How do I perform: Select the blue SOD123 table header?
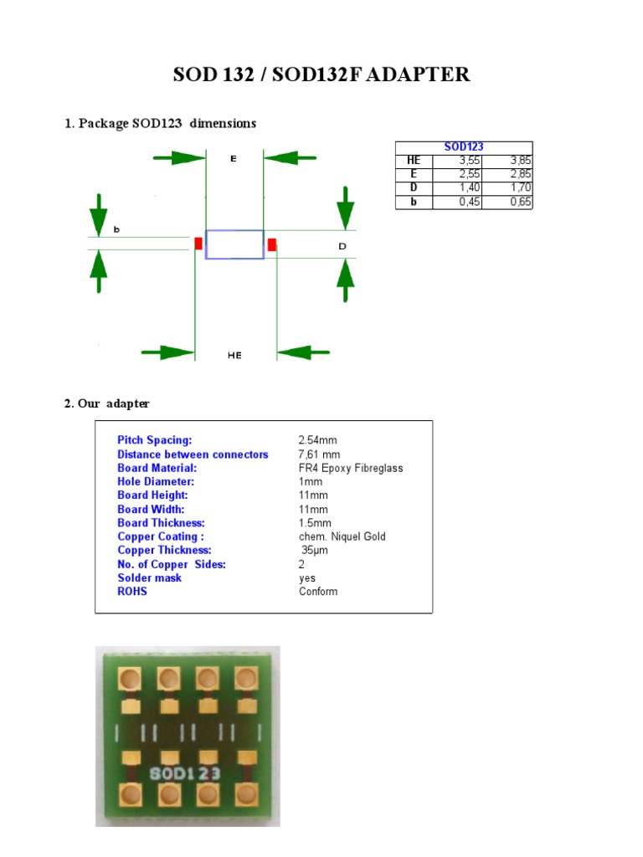click(x=464, y=147)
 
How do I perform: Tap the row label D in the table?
click(x=413, y=188)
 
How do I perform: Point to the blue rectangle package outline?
click(x=234, y=244)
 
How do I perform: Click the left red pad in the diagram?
click(x=198, y=244)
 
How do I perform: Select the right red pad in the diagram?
click(x=272, y=244)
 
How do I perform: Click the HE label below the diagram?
click(x=234, y=356)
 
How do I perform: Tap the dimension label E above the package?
click(x=234, y=158)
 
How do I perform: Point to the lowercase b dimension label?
click(x=116, y=229)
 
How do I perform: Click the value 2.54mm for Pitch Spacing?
click(x=318, y=440)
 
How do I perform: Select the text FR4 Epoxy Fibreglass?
click(x=351, y=468)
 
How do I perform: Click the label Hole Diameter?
click(x=156, y=482)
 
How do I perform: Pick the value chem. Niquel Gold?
click(x=342, y=536)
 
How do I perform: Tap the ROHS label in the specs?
click(x=132, y=592)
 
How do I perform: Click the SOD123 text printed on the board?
click(x=185, y=774)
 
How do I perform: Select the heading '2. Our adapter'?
click(x=107, y=403)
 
